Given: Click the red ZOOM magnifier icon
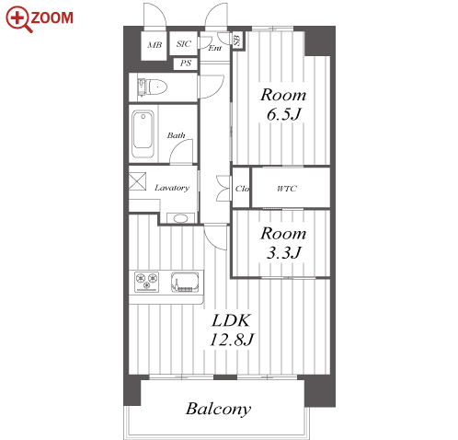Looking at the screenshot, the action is [x=18, y=19].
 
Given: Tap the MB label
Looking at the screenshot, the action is [x=155, y=45].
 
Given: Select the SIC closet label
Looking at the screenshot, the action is [x=184, y=43].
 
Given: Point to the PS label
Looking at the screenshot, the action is [x=186, y=64].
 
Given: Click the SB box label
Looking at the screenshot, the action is [x=237, y=40].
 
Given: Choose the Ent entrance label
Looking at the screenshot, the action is [x=215, y=48].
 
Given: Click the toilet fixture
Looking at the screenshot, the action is [x=152, y=87].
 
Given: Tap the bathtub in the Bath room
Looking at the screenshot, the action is [x=143, y=133].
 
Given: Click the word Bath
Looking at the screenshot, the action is [x=176, y=135].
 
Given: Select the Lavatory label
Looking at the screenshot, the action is [x=172, y=188].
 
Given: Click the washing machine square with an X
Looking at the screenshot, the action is [x=137, y=181].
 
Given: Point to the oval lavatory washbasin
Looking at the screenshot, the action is [x=180, y=218].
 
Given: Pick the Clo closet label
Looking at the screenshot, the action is [x=242, y=189].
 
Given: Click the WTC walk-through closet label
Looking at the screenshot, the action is [x=287, y=189].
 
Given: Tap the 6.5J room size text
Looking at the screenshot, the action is [x=284, y=114].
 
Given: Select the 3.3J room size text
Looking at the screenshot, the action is [x=284, y=253].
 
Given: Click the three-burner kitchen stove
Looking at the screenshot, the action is [x=147, y=282].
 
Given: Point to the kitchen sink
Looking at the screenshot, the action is [x=185, y=282].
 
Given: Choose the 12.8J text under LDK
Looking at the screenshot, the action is [x=232, y=340].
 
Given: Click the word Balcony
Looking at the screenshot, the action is [x=219, y=409].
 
